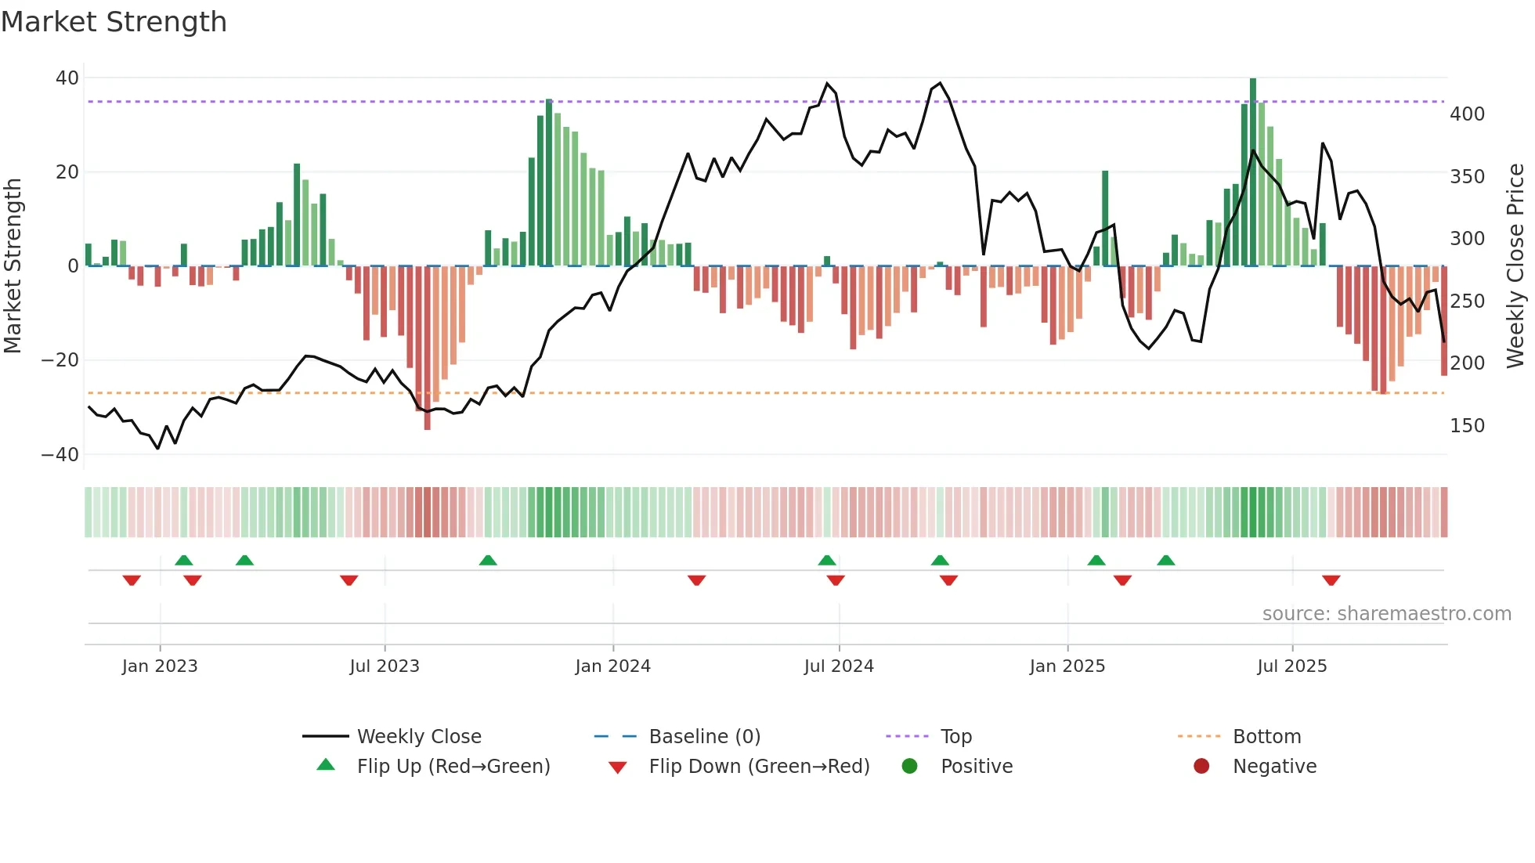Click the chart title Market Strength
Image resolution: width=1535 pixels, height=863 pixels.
point(114,22)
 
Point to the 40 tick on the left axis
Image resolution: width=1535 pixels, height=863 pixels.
point(67,78)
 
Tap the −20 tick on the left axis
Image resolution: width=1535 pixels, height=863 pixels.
point(60,360)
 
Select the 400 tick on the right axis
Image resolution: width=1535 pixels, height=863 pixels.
point(1467,114)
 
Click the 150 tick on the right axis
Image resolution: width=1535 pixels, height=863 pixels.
point(1467,426)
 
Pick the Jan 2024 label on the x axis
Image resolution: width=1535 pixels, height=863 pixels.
point(612,666)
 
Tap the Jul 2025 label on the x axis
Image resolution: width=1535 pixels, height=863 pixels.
point(1291,666)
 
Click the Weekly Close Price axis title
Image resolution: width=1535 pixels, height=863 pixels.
point(1515,266)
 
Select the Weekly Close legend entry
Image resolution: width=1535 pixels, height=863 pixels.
point(419,737)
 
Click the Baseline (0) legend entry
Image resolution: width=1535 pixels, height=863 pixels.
point(704,737)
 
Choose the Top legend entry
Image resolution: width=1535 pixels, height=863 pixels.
point(955,737)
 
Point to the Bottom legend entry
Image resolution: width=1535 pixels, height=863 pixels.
point(1266,737)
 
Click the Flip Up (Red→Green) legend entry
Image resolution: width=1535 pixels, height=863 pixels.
point(453,767)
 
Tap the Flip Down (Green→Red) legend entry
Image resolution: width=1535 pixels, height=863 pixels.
point(758,767)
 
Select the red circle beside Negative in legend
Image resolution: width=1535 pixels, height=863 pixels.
point(1201,766)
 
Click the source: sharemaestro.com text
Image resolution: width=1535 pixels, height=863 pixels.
point(1386,614)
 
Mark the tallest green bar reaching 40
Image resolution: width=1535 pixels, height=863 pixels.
point(1253,172)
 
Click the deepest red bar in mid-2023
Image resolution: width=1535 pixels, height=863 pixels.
point(427,348)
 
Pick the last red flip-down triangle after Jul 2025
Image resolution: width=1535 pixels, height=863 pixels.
point(1331,580)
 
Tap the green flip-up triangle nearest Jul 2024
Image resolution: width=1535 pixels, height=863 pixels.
point(827,560)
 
